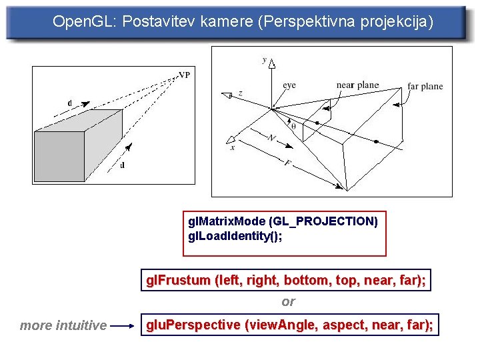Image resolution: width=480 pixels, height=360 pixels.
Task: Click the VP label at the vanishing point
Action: (184, 75)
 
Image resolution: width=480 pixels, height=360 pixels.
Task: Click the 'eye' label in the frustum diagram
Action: (289, 85)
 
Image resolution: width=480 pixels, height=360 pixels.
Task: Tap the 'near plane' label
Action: (357, 85)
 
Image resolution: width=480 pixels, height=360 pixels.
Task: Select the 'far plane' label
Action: (425, 87)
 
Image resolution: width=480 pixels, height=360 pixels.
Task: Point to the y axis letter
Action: (264, 60)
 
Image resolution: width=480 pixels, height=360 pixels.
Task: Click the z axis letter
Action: (240, 94)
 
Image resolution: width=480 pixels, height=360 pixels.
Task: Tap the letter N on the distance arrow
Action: (272, 138)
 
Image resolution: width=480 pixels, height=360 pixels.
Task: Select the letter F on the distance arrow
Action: (287, 162)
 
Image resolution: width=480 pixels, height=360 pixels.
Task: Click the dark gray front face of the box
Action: (59, 157)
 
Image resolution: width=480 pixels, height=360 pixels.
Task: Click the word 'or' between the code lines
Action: (288, 302)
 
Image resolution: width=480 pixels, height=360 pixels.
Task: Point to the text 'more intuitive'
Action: (63, 326)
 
